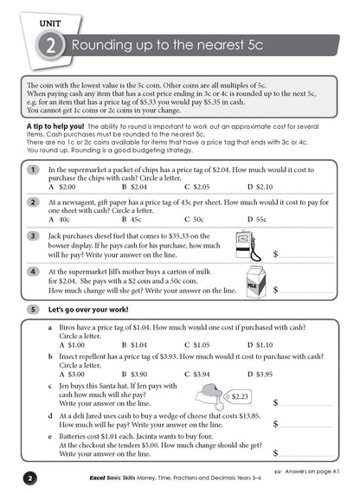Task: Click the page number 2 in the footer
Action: click(29, 478)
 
